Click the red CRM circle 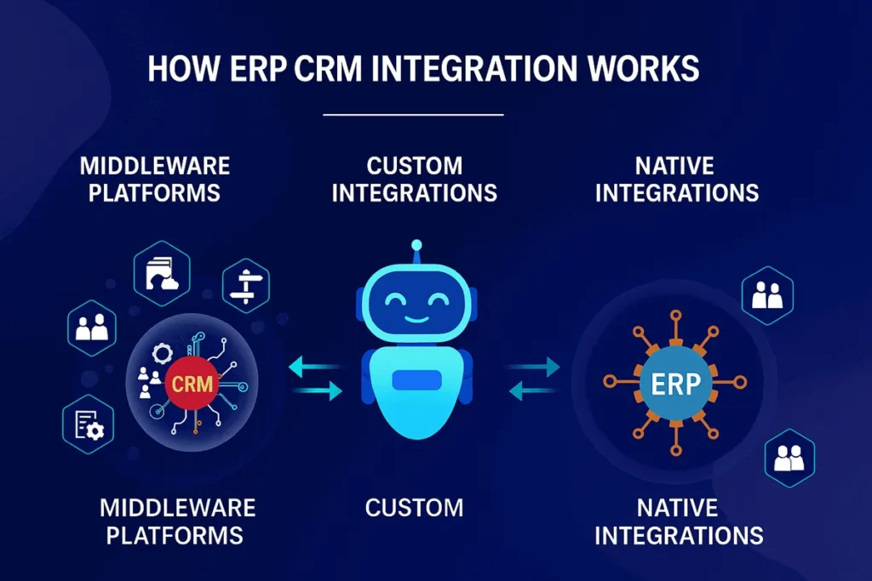(x=192, y=384)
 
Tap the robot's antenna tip (x=416, y=247)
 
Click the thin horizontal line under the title (x=414, y=113)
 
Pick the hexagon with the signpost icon (x=246, y=285)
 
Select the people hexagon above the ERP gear (x=767, y=296)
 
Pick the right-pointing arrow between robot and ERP (x=535, y=367)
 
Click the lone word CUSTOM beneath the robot (x=414, y=508)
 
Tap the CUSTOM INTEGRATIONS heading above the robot (x=414, y=179)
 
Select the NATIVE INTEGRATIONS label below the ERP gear (x=678, y=521)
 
